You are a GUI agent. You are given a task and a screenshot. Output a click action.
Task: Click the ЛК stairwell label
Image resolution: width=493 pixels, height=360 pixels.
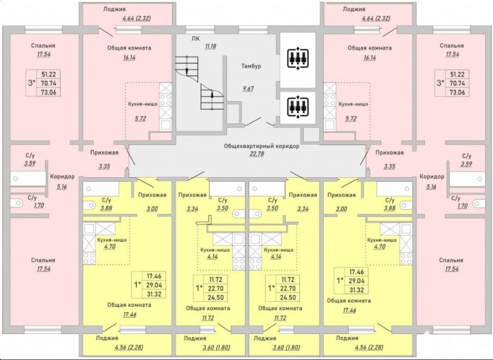tap(196, 38)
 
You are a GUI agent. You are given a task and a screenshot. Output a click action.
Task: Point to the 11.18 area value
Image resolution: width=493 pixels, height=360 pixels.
tap(211, 46)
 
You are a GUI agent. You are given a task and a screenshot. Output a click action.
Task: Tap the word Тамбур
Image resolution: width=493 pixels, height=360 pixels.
tap(251, 66)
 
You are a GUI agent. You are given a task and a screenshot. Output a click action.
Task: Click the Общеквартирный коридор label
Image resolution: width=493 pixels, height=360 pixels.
tap(261, 147)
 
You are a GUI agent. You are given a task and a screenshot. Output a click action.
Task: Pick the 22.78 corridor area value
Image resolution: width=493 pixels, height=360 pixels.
tap(261, 155)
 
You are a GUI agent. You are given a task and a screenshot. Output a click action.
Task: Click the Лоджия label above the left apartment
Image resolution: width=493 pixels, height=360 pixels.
tap(114, 9)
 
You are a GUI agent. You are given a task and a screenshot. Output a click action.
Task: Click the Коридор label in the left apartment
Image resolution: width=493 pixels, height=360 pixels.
tap(62, 177)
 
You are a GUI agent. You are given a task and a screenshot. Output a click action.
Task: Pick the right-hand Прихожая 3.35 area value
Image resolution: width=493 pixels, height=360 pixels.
tap(390, 166)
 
